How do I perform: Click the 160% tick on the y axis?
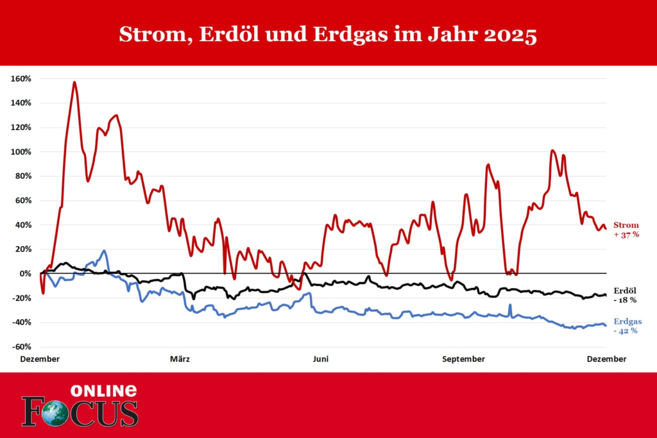click(22, 78)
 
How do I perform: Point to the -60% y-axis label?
click(22, 347)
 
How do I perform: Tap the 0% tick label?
click(26, 274)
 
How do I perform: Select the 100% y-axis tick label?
click(22, 152)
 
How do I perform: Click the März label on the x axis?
click(180, 359)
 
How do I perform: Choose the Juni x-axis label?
click(320, 359)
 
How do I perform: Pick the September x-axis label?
click(463, 359)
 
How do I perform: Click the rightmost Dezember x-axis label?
click(606, 359)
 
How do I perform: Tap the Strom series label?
click(626, 225)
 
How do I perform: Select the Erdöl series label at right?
click(625, 290)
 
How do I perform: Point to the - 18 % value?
click(625, 299)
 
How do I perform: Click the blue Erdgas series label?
click(627, 321)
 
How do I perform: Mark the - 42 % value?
click(626, 331)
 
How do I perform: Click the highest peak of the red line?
click(74, 82)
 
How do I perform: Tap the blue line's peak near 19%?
click(104, 251)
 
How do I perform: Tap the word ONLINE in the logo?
click(103, 391)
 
